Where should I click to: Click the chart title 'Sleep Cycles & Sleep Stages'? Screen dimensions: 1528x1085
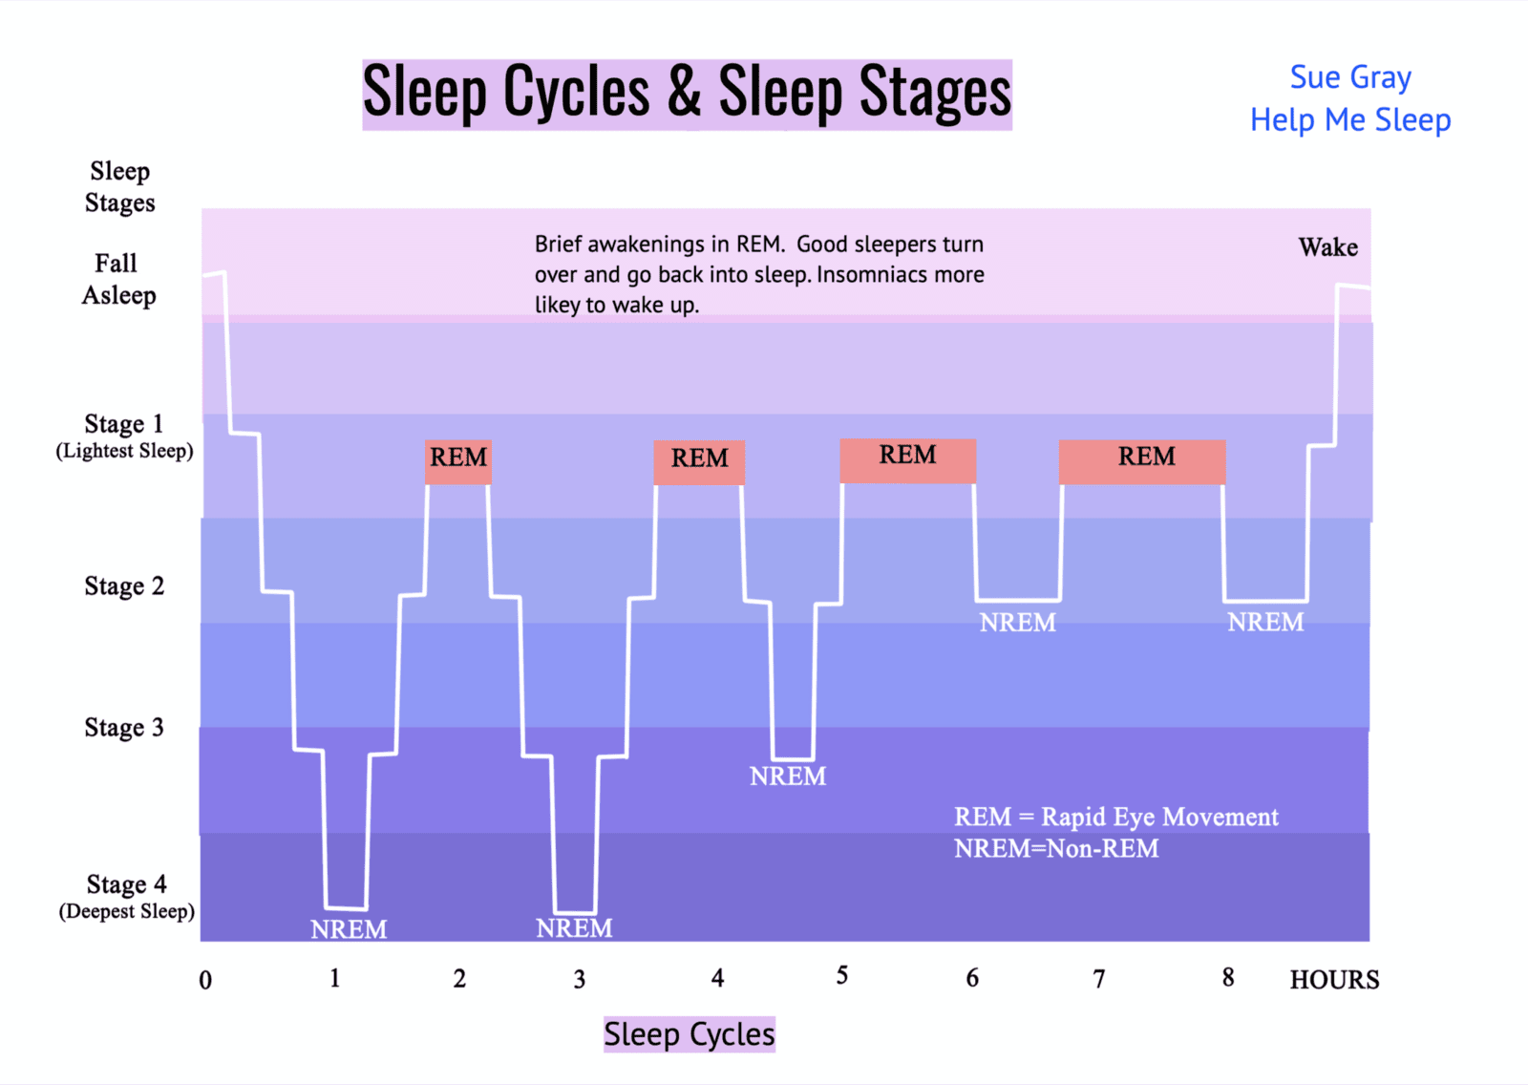687,95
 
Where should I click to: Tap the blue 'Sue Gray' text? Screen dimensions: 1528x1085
1350,77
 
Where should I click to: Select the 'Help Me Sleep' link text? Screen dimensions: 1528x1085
1350,120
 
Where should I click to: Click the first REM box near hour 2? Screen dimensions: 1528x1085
458,462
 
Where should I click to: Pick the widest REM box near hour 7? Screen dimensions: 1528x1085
1142,462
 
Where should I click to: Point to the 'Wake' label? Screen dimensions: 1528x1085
1327,247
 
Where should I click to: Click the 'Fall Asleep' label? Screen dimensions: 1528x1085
118,279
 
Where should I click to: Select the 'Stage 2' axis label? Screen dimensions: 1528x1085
124,586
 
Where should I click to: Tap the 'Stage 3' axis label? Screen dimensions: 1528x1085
124,728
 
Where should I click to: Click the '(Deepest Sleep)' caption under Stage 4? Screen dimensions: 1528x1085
127,911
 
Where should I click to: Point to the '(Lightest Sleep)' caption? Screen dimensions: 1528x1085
125,451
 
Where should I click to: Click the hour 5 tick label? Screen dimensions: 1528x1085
842,975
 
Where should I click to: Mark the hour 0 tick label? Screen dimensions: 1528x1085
205,980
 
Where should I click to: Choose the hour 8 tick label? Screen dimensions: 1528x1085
1228,977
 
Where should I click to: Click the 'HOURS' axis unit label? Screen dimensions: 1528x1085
1334,980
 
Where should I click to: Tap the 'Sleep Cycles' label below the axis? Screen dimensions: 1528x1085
689,1033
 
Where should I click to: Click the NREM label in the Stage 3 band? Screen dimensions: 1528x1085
788,776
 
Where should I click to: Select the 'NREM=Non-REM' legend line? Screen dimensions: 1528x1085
1056,848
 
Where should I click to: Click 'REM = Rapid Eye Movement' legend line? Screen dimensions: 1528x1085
1116,817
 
